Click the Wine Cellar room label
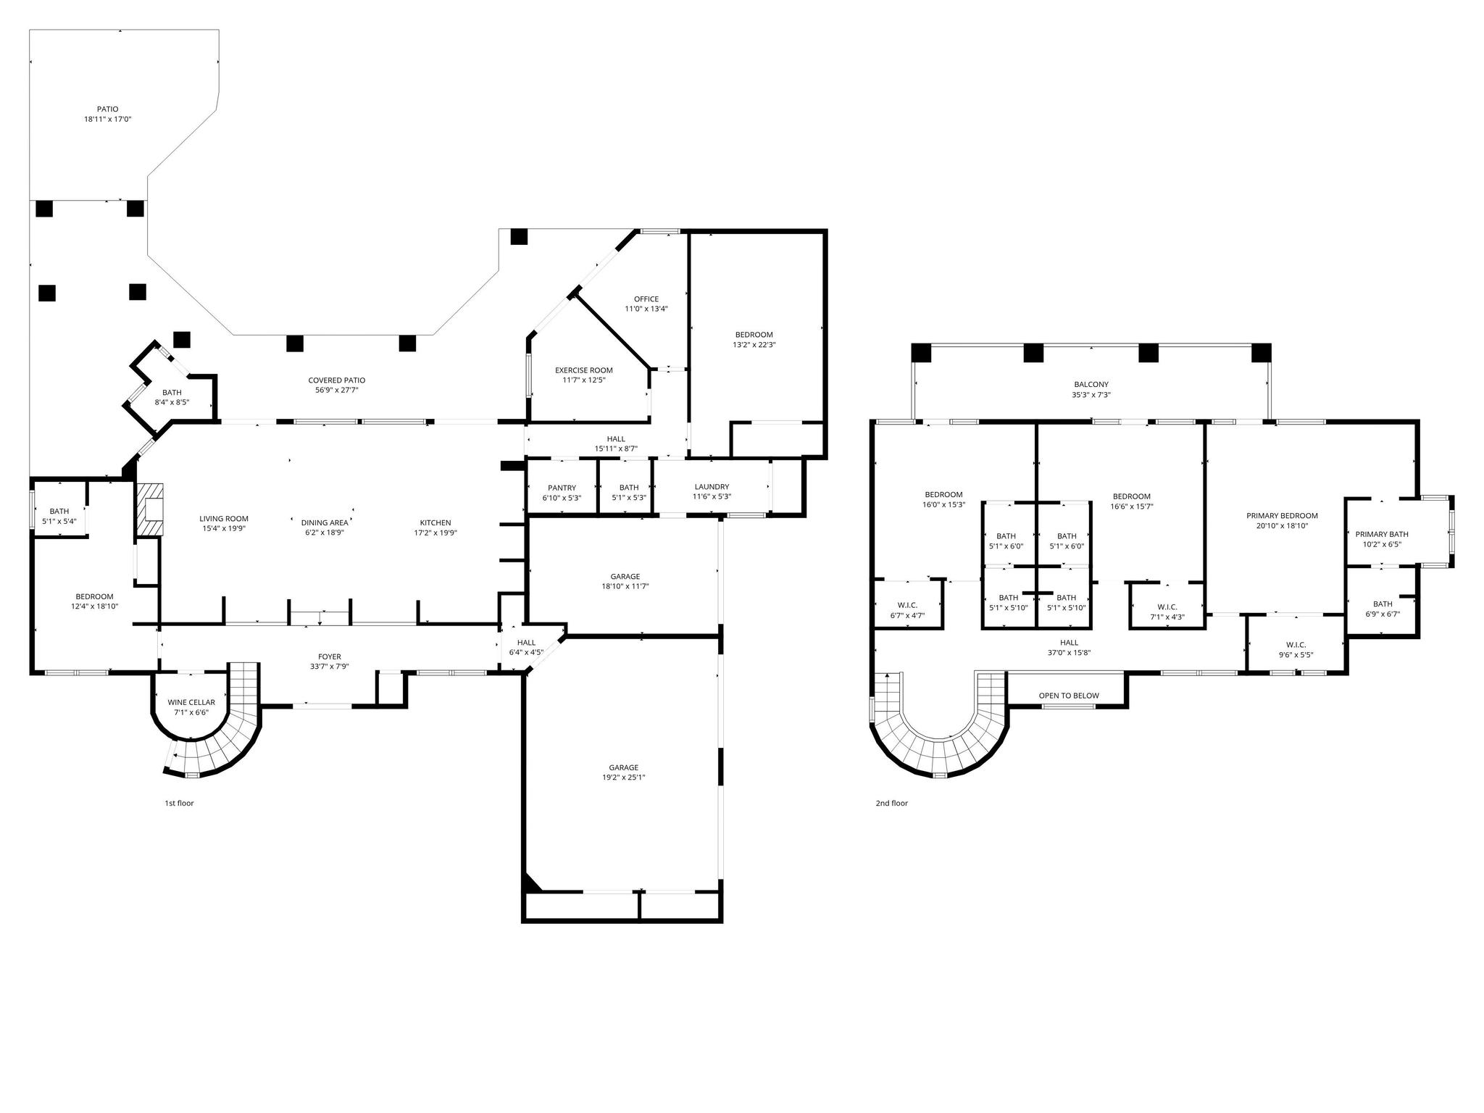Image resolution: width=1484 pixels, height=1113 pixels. click(x=191, y=702)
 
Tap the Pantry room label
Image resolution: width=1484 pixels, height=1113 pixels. click(x=562, y=488)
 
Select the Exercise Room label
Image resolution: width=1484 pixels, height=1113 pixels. click(x=583, y=370)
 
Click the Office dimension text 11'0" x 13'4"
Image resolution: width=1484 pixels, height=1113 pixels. click(x=646, y=309)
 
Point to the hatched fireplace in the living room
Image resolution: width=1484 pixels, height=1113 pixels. click(x=151, y=509)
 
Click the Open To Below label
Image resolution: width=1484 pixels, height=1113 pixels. click(x=1068, y=696)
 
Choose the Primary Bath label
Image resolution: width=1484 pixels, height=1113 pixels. click(x=1381, y=534)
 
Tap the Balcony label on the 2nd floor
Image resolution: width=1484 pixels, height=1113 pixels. click(x=1091, y=385)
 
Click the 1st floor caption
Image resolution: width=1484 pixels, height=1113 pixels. click(x=179, y=803)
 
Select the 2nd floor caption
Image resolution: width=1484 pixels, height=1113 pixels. click(x=891, y=803)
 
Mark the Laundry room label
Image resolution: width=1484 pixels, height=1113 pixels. click(x=711, y=487)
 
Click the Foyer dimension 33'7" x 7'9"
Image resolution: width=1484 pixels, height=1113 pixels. click(x=330, y=667)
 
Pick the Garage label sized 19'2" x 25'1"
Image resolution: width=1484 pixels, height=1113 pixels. click(x=623, y=767)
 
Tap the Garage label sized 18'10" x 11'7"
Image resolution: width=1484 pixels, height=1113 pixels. click(x=624, y=577)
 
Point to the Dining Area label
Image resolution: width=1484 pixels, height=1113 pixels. click(x=324, y=522)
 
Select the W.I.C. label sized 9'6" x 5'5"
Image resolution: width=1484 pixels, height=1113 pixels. click(x=1296, y=644)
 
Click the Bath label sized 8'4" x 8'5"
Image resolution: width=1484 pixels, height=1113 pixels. click(x=172, y=393)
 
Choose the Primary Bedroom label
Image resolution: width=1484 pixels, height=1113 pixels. click(x=1281, y=516)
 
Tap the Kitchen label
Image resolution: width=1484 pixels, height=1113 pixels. click(x=435, y=522)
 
